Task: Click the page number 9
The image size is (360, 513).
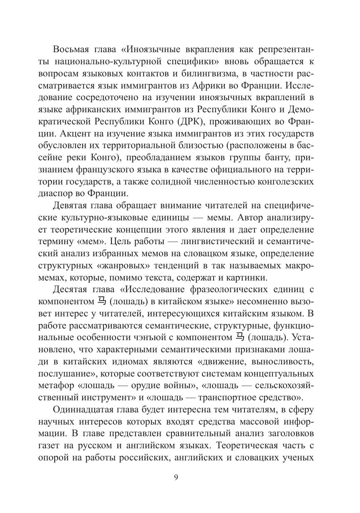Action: [x=176, y=478]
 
